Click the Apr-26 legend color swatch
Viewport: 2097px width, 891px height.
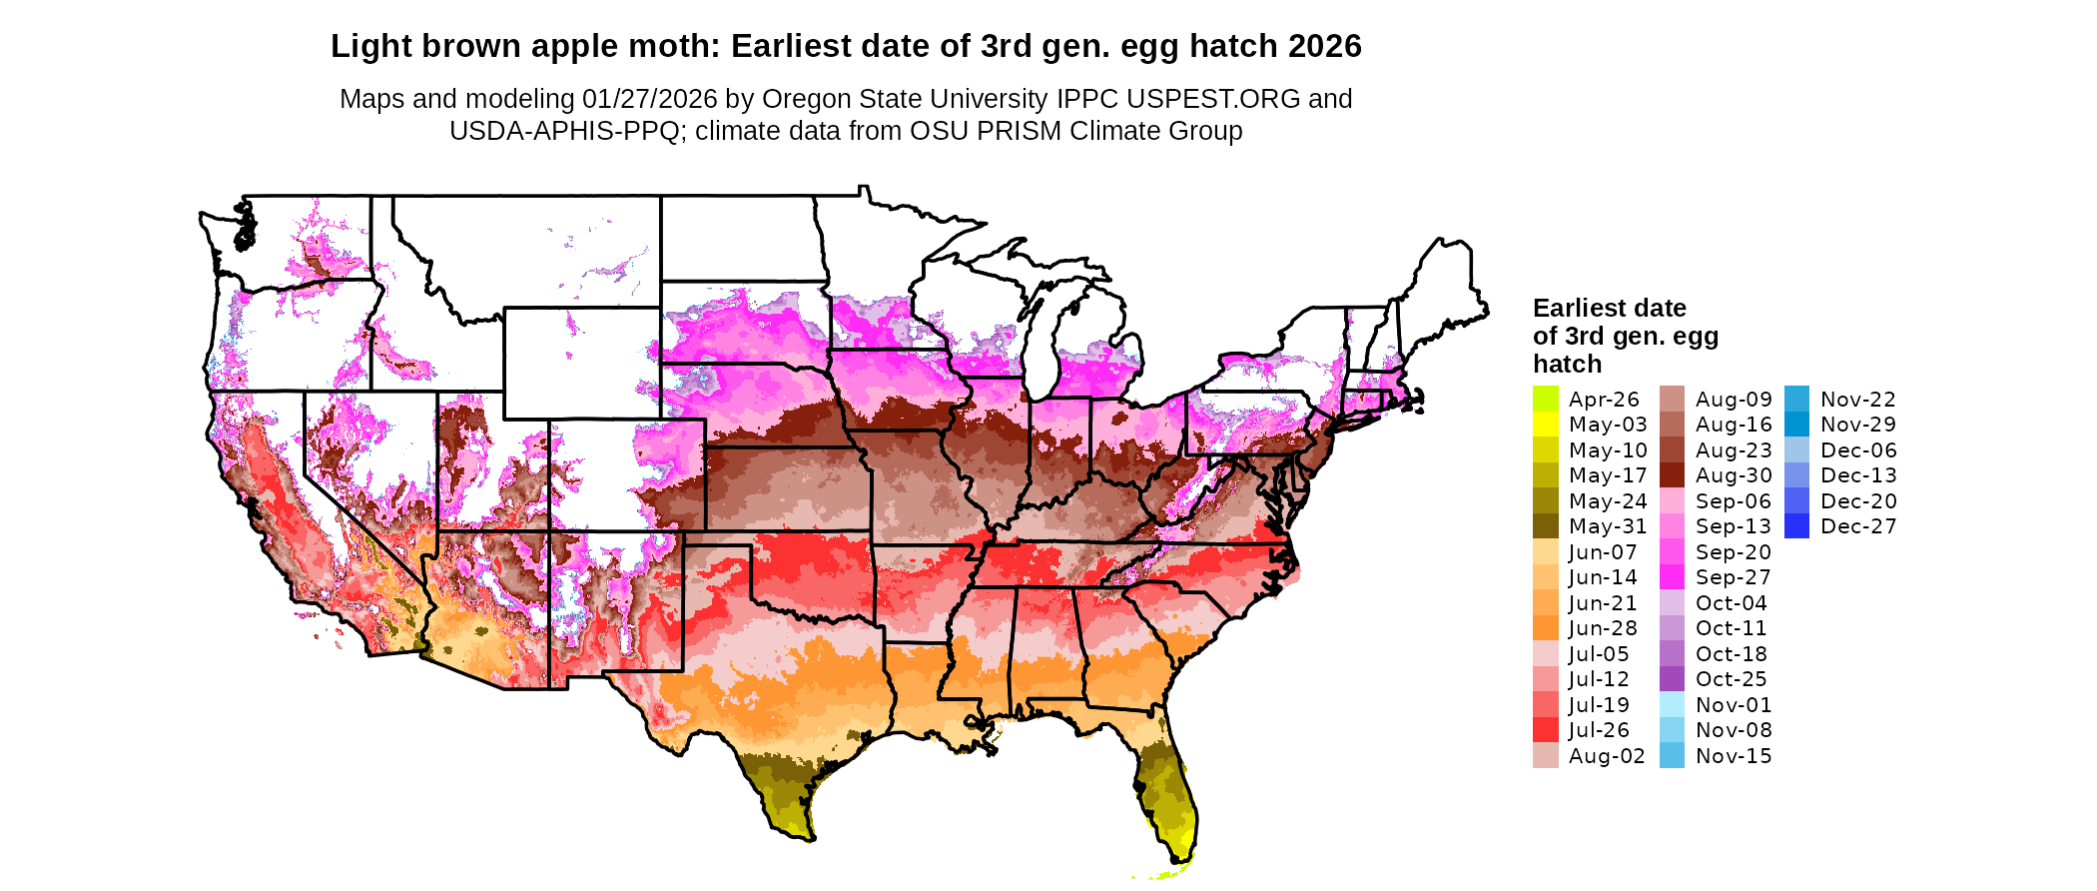(1545, 399)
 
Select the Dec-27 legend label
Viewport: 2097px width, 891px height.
(1858, 526)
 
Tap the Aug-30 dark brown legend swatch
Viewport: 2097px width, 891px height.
(1672, 475)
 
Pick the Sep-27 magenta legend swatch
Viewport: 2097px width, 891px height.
(1672, 577)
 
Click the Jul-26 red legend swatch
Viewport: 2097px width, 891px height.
(1545, 730)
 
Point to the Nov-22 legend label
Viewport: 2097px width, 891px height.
(1857, 400)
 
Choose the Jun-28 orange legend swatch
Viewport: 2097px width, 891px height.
(1545, 628)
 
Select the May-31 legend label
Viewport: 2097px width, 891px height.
(1608, 526)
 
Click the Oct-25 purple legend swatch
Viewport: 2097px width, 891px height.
(1672, 679)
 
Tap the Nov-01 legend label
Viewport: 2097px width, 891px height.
(1734, 705)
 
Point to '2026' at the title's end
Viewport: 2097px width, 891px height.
(1324, 47)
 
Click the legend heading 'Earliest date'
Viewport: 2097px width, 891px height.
(1609, 309)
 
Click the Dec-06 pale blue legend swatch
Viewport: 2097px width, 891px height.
(1796, 450)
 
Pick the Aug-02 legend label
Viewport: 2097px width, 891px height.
(1607, 756)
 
